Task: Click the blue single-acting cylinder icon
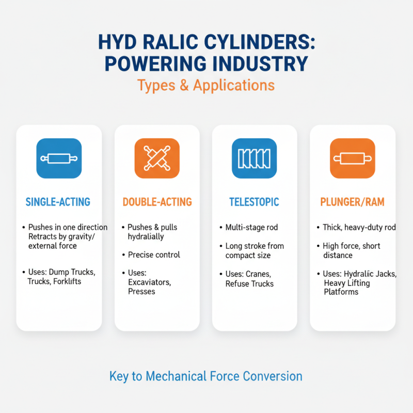[59, 158]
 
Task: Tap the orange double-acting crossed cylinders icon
[157, 158]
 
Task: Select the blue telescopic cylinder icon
[255, 158]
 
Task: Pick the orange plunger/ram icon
[352, 158]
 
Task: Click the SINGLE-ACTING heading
[58, 202]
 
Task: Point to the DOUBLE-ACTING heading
[157, 202]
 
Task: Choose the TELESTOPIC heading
[255, 202]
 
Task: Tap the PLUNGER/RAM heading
[352, 202]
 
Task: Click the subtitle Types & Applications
[205, 85]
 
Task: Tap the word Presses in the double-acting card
[141, 291]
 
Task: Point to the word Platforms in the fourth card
[341, 292]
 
